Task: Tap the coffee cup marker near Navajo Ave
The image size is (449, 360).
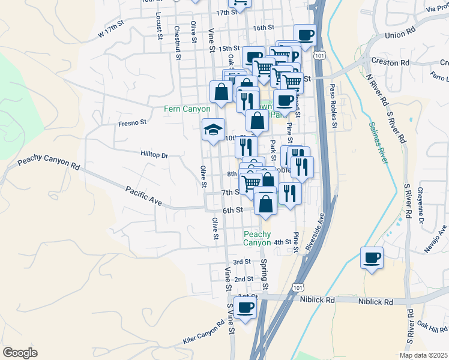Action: pyautogui.click(x=372, y=259)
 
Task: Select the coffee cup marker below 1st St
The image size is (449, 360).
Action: pyautogui.click(x=244, y=308)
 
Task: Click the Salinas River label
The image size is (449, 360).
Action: pyautogui.click(x=376, y=144)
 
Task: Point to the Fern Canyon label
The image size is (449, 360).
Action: pyautogui.click(x=188, y=109)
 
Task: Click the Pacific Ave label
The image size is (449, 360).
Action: pyautogui.click(x=144, y=196)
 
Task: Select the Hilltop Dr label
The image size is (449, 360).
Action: pyautogui.click(x=154, y=154)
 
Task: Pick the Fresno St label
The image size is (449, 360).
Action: pyautogui.click(x=132, y=123)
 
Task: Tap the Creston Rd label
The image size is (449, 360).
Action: pyautogui.click(x=390, y=62)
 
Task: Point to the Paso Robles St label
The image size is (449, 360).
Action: pyautogui.click(x=332, y=107)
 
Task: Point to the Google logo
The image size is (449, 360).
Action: pyautogui.click(x=20, y=353)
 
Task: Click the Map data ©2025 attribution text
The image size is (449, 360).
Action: pyautogui.click(x=423, y=355)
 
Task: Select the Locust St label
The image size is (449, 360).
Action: pyautogui.click(x=159, y=26)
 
